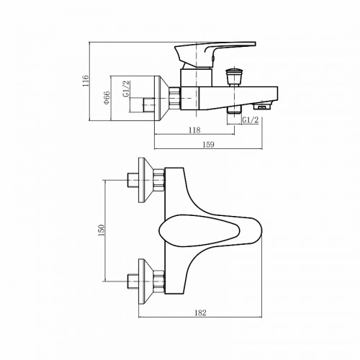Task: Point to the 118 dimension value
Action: (194, 130)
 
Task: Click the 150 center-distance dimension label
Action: (101, 230)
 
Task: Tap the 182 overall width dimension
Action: (201, 312)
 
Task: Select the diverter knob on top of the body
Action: (233, 75)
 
